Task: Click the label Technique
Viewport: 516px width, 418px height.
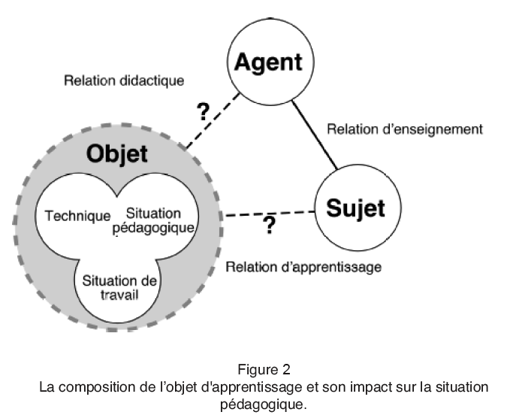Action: pos(77,216)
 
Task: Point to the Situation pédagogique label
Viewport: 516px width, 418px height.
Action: pos(155,220)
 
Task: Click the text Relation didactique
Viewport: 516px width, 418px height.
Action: pos(124,80)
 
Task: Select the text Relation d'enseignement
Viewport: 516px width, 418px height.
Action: pos(404,129)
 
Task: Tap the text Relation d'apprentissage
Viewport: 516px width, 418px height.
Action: pos(303,266)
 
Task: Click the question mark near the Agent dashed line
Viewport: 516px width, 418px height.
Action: pos(203,112)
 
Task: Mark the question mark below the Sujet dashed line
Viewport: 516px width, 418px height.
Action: pos(269,226)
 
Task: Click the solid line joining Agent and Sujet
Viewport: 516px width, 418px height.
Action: pos(315,135)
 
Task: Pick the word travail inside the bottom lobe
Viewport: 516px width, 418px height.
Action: pos(119,295)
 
